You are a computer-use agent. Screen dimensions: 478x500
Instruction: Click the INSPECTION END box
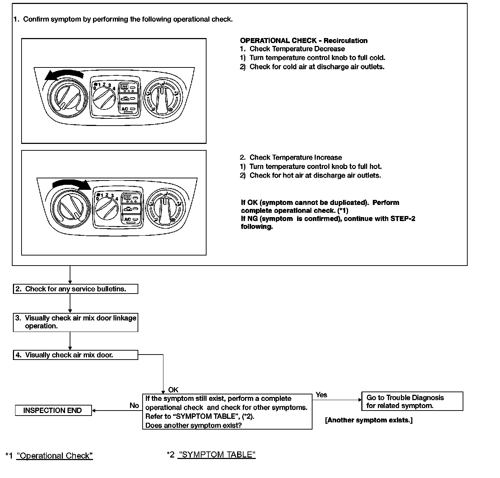pos(53,411)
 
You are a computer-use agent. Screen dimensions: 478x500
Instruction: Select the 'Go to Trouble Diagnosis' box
pos(412,402)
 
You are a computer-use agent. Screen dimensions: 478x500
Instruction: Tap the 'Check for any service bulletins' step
pos(75,289)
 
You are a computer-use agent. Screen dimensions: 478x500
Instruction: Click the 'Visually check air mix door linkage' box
pos(75,322)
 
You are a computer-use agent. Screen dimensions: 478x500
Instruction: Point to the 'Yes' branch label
pos(321,395)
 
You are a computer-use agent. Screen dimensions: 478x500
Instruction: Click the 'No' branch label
pos(134,406)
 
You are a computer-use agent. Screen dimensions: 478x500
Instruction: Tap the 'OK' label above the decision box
pos(173,390)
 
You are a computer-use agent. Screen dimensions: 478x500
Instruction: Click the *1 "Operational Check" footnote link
pos(55,456)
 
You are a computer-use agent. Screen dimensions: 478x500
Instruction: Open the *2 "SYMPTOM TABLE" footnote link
pos(217,455)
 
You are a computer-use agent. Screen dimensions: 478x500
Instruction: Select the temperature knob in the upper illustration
pos(67,96)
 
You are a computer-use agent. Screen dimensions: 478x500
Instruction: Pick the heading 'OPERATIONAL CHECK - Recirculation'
pos(304,41)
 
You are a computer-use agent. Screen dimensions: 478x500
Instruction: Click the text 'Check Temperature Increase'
pos(295,158)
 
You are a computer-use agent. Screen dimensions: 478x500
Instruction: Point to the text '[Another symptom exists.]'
pos(369,420)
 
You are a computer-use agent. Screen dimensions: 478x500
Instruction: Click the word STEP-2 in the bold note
pos(403,219)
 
